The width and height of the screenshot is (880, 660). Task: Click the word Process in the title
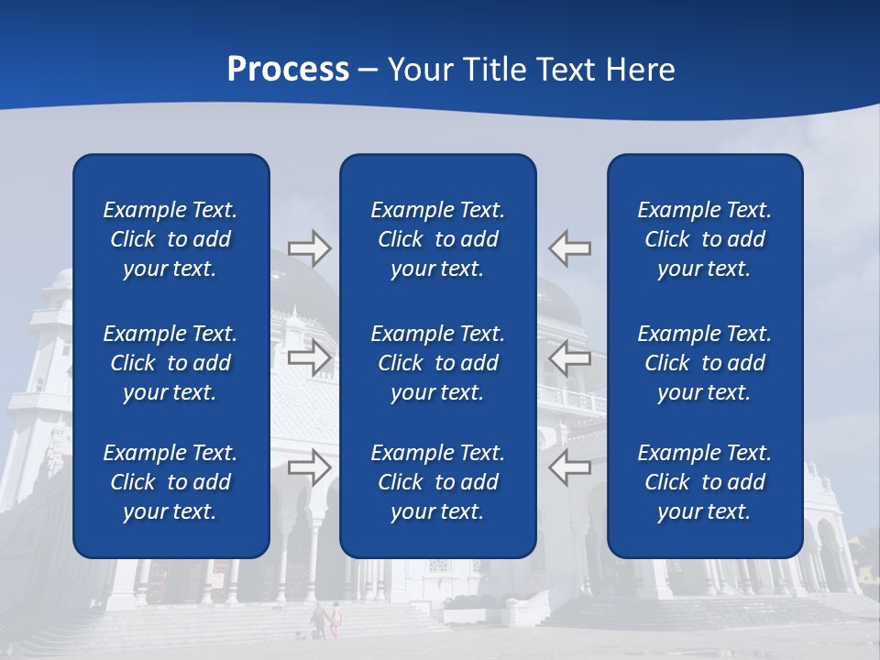point(288,70)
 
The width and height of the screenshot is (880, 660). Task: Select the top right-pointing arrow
point(309,247)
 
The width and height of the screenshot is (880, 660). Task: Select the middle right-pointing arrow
point(309,357)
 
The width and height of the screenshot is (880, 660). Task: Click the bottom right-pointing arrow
point(309,467)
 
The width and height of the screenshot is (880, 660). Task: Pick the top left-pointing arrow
point(570,247)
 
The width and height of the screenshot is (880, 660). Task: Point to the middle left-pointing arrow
point(570,357)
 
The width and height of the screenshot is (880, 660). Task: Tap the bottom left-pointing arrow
point(570,467)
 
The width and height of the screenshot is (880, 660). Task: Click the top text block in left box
point(170,239)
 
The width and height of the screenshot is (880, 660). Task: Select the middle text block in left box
point(170,363)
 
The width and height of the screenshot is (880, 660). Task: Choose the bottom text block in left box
point(170,482)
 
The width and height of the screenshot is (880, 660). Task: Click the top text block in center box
point(437,239)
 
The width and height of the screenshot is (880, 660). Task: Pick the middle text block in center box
point(437,363)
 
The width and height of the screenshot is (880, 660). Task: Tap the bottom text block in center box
point(437,482)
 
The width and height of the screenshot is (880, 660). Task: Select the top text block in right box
point(704,239)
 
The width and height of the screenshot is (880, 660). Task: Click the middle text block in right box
point(704,363)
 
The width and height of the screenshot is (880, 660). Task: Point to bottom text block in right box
point(704,482)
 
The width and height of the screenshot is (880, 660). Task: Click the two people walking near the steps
point(326,620)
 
